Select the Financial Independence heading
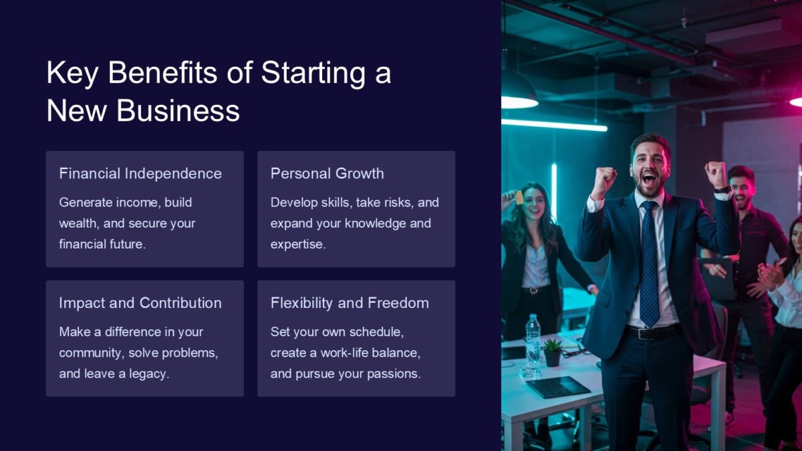[140, 174]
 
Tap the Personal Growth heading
[327, 174]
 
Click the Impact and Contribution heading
[140, 303]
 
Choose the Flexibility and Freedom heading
[350, 303]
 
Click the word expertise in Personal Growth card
[297, 245]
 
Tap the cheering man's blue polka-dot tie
[649, 267]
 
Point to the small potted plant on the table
[552, 353]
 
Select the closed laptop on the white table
[557, 387]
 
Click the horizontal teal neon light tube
[554, 125]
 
